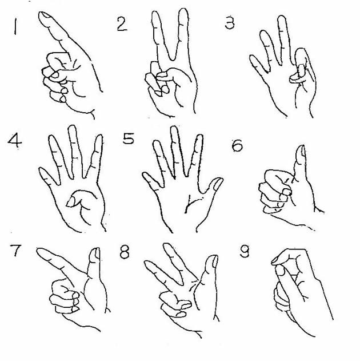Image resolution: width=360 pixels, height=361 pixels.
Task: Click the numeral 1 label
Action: tap(15, 27)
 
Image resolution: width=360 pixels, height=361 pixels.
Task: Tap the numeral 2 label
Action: tap(122, 24)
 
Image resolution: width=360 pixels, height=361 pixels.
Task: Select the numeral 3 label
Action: tap(230, 23)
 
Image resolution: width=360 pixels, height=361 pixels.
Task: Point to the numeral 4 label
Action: tap(15, 141)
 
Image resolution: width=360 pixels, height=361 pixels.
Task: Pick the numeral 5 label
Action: tap(128, 138)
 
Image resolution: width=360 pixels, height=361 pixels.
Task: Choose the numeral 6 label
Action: tap(237, 145)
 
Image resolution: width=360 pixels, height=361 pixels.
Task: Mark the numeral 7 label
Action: tap(15, 250)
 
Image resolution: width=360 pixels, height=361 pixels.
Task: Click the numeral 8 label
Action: tap(125, 252)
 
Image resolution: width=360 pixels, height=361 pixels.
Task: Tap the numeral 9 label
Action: tap(245, 251)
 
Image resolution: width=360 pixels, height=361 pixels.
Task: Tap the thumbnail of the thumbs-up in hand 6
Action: tap(303, 151)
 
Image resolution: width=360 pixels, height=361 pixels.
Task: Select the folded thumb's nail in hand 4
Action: tap(70, 201)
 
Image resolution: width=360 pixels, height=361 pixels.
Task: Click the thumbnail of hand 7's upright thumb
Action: tap(97, 253)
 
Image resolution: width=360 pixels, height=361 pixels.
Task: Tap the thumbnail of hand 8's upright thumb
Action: tap(215, 261)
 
